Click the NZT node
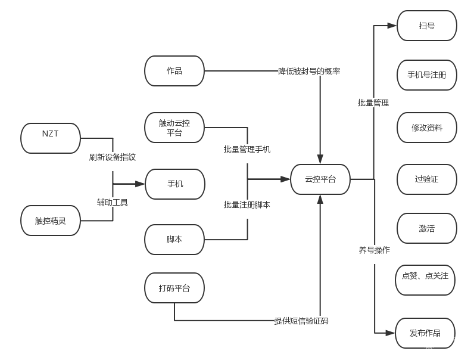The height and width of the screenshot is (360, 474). point(51,138)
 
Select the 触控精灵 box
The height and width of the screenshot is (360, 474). point(51,221)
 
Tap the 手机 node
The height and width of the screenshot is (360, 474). point(174,184)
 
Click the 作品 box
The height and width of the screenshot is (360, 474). point(174,71)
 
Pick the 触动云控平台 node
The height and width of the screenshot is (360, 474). point(174,128)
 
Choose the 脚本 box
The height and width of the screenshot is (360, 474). point(174,240)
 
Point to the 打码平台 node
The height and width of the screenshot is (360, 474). point(174,288)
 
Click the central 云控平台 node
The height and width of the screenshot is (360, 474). point(320,179)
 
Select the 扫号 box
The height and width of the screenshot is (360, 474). point(426,26)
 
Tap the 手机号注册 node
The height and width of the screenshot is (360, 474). point(426,76)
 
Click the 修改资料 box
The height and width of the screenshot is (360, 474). point(426,128)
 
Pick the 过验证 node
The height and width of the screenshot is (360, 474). point(426,179)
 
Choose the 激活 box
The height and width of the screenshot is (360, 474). point(426,228)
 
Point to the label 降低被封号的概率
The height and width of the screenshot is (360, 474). point(309,71)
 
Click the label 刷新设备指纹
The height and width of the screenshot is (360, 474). point(113,157)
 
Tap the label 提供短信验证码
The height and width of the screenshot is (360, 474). point(301,321)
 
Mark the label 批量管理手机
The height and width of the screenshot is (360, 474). point(247,149)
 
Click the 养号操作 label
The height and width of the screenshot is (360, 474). point(374,250)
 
